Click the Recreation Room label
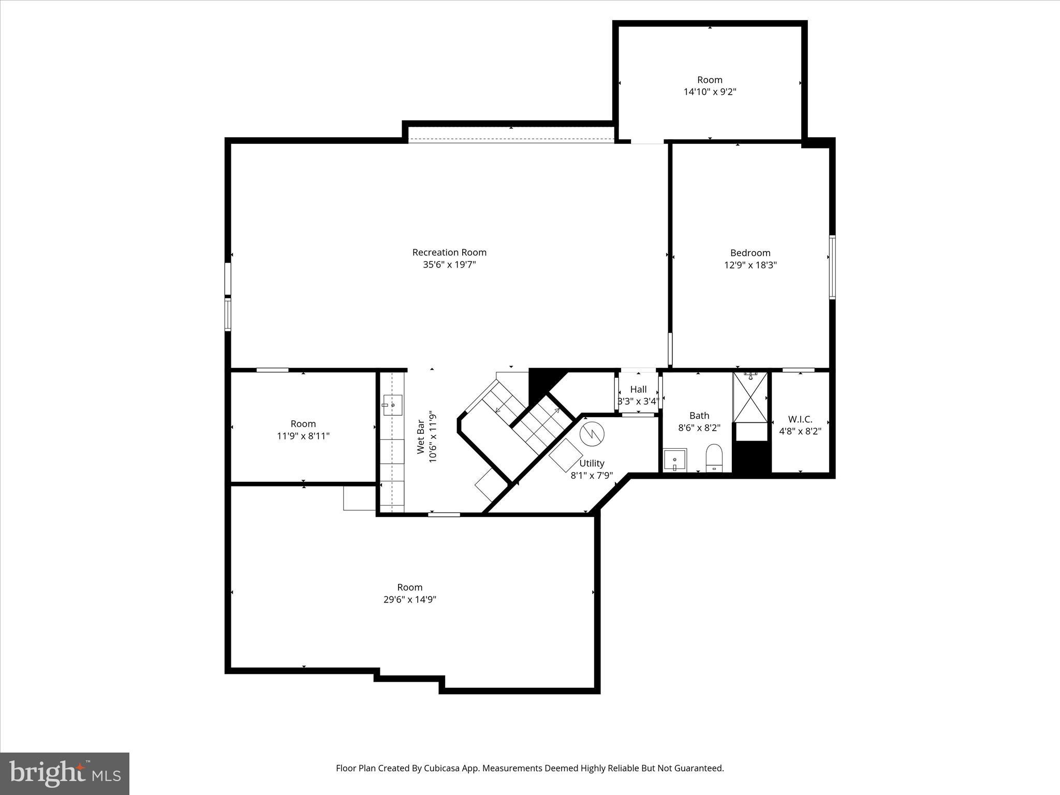(449, 253)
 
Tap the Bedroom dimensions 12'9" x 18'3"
(750, 265)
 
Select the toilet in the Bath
(714, 458)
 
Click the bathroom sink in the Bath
(675, 460)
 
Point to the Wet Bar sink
(392, 405)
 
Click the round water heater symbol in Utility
(592, 434)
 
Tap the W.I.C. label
(800, 419)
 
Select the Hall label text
(638, 390)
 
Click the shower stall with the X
(750, 397)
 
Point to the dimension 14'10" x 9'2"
(710, 92)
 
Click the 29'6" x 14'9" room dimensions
(409, 599)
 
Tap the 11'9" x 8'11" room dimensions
(303, 436)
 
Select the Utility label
(592, 463)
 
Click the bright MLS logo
(65, 773)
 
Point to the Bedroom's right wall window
(832, 267)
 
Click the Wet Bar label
(421, 437)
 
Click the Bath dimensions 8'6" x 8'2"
(699, 428)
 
